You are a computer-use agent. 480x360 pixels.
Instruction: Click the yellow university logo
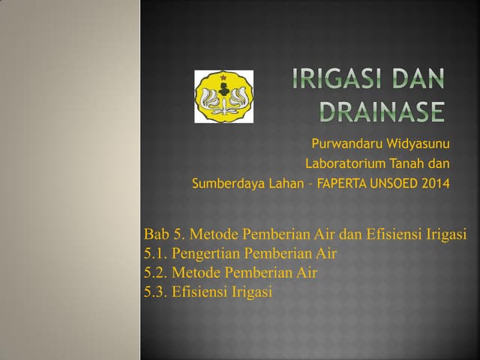coord(223,97)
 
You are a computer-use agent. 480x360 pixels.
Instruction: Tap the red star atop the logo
coord(223,76)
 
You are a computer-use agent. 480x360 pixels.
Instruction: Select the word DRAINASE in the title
coord(382,112)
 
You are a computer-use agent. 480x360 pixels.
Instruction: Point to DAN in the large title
coord(418,79)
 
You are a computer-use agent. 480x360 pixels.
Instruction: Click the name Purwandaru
coord(346,144)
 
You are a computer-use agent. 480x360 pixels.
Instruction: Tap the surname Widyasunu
coord(416,144)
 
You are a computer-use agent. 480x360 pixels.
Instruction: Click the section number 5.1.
coord(155,253)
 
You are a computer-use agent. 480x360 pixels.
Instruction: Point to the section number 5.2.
coord(155,272)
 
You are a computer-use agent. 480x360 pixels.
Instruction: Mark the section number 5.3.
coord(155,292)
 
